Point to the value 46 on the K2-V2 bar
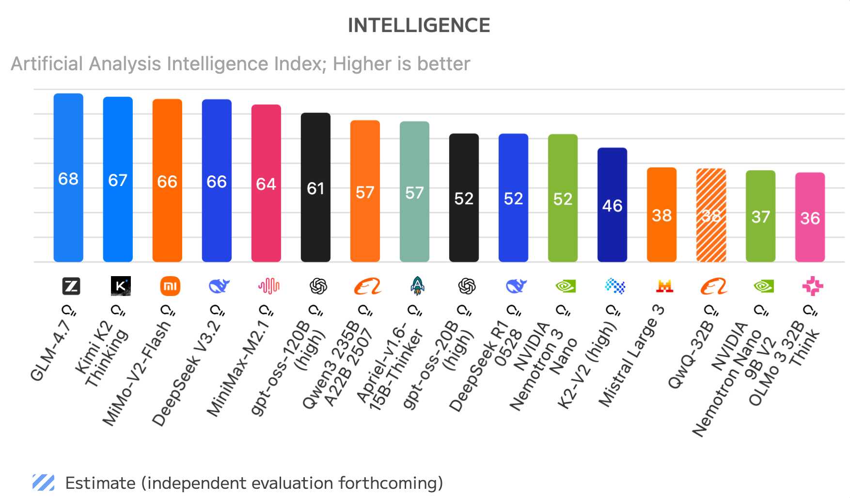coord(612,206)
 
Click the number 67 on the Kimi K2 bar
coord(118,180)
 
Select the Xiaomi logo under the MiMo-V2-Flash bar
coord(170,286)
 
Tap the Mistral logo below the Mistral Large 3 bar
coord(664,286)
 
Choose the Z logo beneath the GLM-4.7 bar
coord(71,286)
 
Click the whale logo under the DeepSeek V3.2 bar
coord(219,286)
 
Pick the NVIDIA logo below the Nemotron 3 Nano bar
coord(565,286)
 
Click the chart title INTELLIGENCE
coord(419,26)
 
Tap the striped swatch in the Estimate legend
coord(44,482)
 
